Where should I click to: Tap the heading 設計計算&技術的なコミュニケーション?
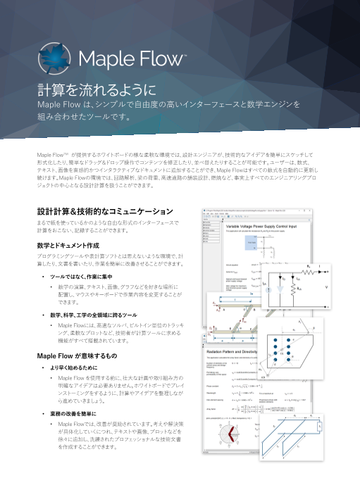coord(104,210)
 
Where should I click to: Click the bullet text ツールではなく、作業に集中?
coord(87,277)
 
